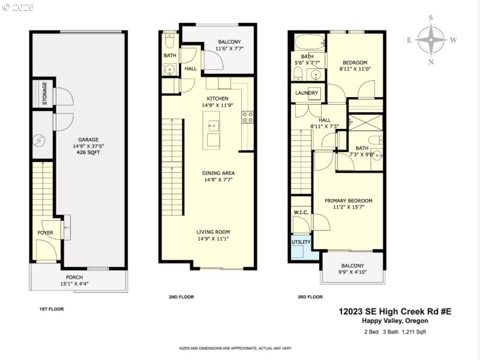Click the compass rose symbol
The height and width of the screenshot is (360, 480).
[x=431, y=40]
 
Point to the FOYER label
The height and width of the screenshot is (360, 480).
[x=46, y=232]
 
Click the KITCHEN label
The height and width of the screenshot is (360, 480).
[x=217, y=98]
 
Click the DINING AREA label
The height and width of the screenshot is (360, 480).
[x=217, y=172]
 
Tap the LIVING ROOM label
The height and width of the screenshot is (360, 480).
[x=213, y=232]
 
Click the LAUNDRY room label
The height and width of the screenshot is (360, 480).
[x=307, y=93]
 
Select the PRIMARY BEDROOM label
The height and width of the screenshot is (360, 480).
[x=349, y=200]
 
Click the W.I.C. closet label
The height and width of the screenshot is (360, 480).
[x=301, y=212]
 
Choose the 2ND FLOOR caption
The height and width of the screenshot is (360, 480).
[x=181, y=296]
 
